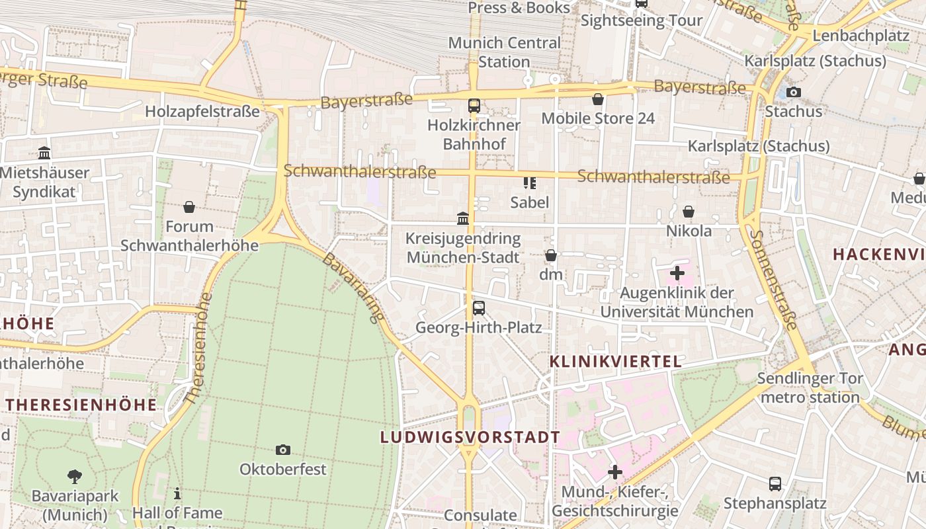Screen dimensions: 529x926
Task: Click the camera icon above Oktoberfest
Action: point(283,450)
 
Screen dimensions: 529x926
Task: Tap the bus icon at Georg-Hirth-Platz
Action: point(478,308)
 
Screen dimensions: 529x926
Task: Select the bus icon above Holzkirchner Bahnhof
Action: point(474,105)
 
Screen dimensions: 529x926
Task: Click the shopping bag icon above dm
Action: point(551,255)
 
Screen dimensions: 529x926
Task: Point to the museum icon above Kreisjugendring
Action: point(463,218)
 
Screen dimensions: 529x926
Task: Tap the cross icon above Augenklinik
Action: point(677,272)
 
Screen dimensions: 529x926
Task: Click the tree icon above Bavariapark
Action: point(75,476)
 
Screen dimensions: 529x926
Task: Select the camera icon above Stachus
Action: point(793,93)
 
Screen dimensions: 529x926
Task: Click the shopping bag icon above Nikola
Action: point(689,212)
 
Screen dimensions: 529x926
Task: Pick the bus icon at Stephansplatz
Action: point(775,484)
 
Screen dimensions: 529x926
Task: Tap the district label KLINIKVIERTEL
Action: point(616,362)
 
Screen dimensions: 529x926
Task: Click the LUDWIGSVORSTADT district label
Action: point(470,437)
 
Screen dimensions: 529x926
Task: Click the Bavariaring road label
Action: point(353,287)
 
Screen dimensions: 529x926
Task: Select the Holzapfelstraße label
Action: point(202,112)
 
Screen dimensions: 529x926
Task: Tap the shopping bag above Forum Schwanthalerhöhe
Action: point(189,207)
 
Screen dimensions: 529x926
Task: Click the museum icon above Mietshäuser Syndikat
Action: point(44,153)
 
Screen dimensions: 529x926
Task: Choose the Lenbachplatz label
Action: point(861,36)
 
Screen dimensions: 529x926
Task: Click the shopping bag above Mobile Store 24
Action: point(598,99)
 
